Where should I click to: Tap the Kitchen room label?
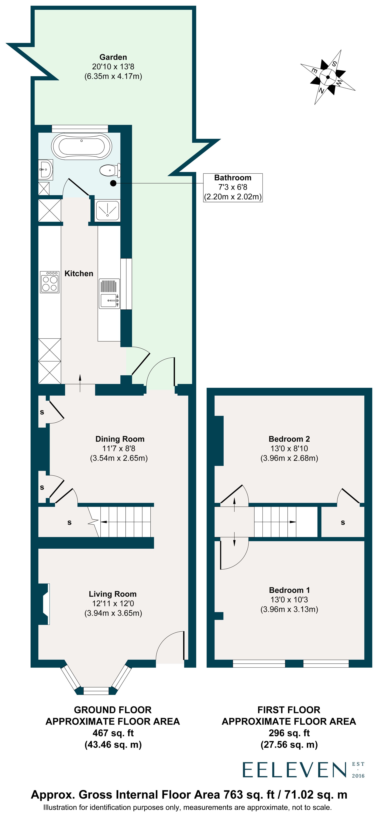coord(79,274)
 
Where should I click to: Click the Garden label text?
coord(113,57)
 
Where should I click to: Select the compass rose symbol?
coord(328,77)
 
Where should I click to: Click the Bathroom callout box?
coord(233,187)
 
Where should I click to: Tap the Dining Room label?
coord(120,439)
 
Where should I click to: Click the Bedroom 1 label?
coord(289,590)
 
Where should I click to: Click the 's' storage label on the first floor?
coord(343,523)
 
